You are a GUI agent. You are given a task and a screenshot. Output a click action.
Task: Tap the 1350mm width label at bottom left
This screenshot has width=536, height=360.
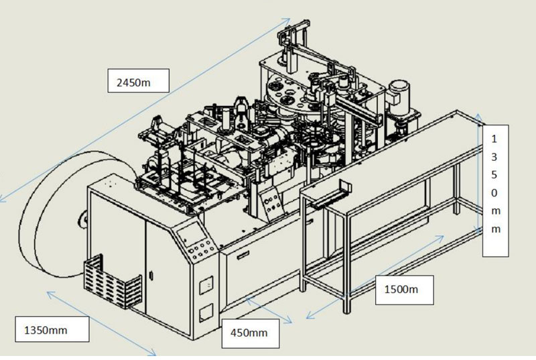(x=46, y=329)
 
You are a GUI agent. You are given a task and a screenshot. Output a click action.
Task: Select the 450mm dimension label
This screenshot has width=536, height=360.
(x=249, y=332)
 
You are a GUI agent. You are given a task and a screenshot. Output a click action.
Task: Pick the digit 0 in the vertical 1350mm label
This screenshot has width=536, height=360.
(x=495, y=193)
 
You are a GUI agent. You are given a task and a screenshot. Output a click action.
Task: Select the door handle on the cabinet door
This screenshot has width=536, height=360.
(x=151, y=275)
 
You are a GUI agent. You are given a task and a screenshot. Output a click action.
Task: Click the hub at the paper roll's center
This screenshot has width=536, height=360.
(x=83, y=217)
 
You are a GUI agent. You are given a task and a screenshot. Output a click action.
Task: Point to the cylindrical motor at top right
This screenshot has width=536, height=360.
(x=400, y=95)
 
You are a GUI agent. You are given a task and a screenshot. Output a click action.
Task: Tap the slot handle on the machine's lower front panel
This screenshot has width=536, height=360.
(x=242, y=253)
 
